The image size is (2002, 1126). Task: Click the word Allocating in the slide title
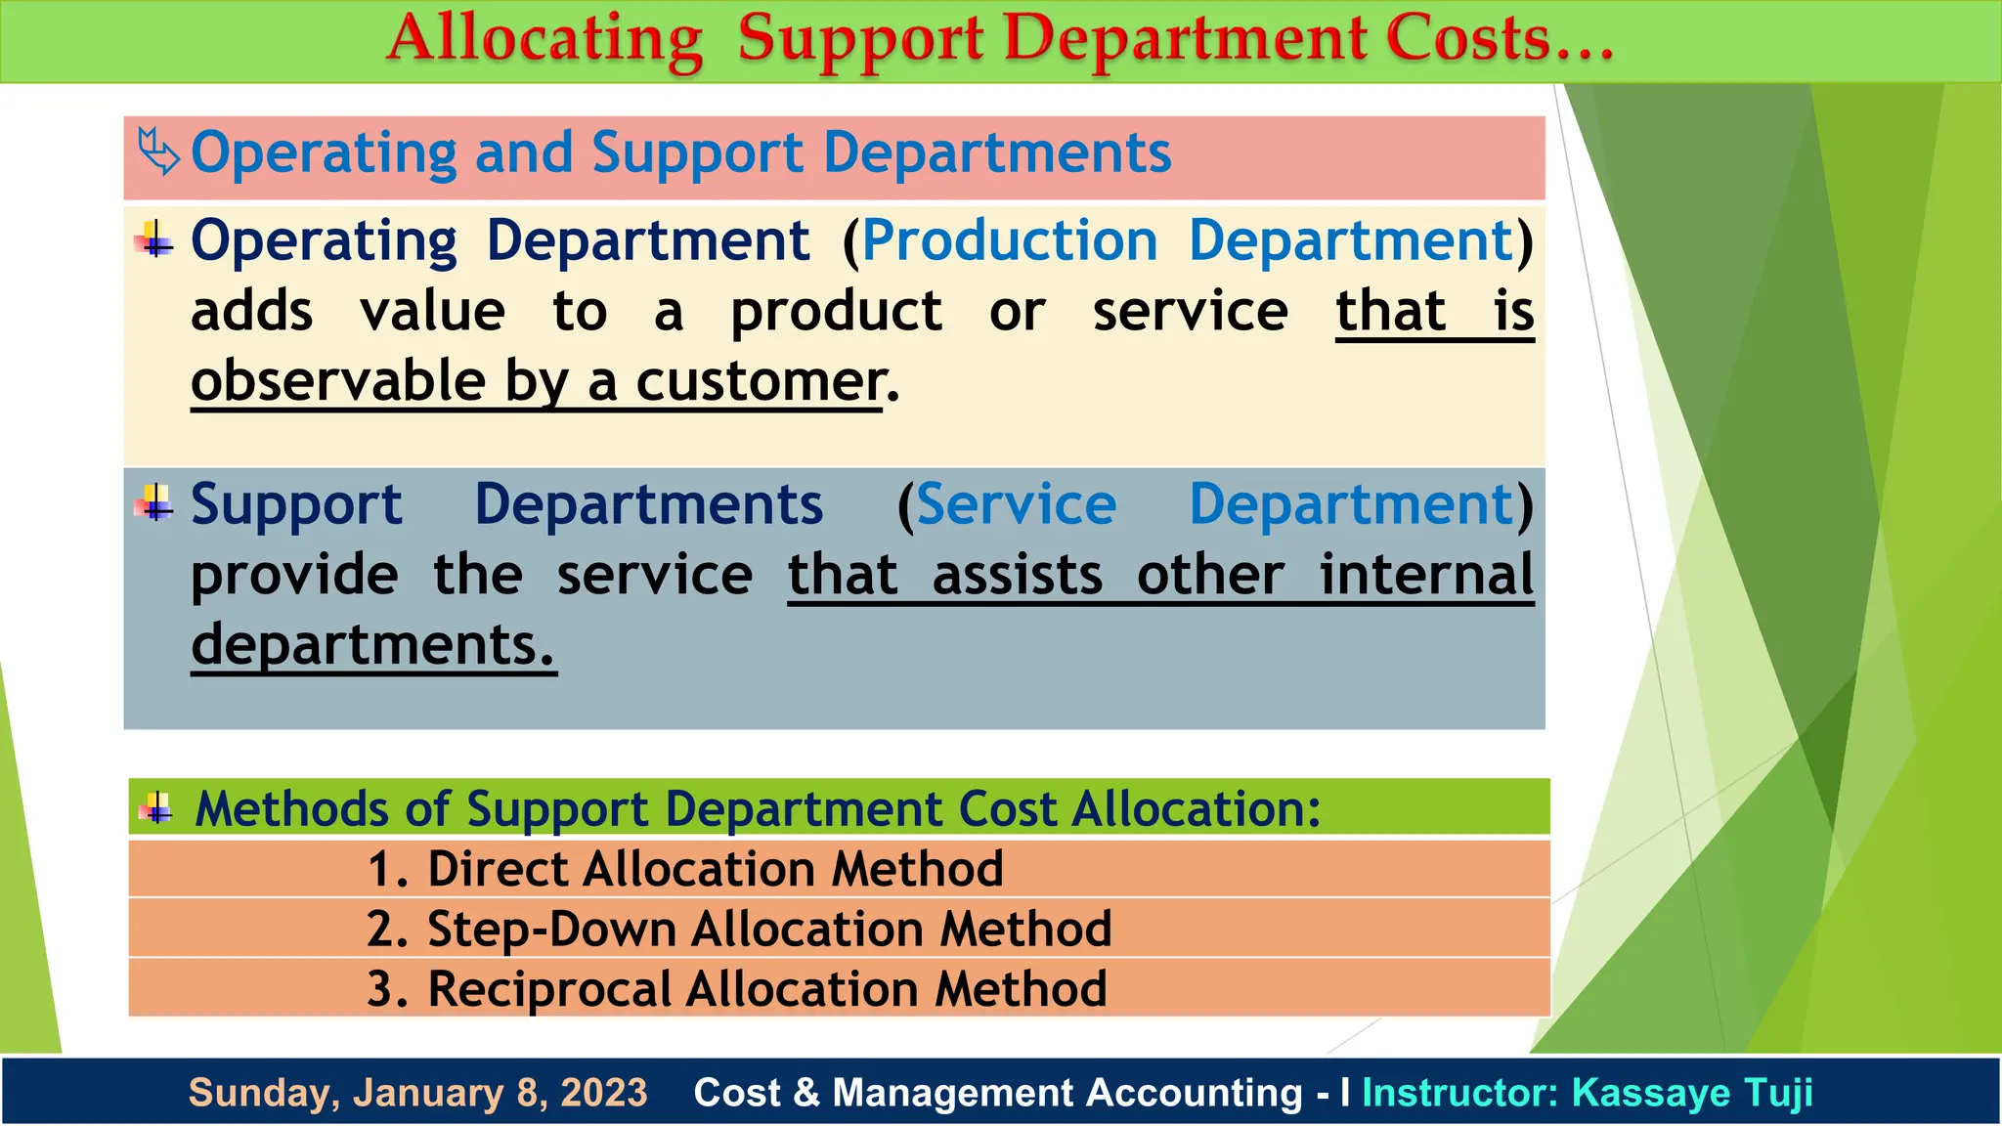[x=544, y=41]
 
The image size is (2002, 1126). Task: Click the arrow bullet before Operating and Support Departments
[x=158, y=152]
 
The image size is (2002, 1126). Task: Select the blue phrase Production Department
[x=1187, y=240]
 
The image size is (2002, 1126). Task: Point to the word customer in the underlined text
[x=760, y=381]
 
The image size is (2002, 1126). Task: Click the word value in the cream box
[x=432, y=312]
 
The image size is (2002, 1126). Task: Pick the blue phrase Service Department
[x=1214, y=505]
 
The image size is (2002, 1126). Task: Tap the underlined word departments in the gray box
[x=372, y=645]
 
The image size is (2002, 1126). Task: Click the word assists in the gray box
[x=1017, y=575]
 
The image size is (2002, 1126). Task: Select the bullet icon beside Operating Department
[x=154, y=240]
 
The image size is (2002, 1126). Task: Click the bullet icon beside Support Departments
[x=154, y=504]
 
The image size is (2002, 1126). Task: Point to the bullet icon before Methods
[x=157, y=808]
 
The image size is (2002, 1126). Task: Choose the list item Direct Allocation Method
[x=715, y=869]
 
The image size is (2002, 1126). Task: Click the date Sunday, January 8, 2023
[x=417, y=1093]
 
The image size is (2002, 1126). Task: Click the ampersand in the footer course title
[x=806, y=1093]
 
